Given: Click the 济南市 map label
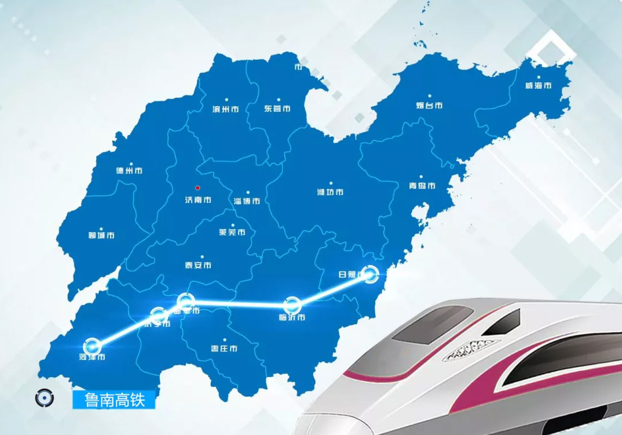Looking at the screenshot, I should click(198, 200).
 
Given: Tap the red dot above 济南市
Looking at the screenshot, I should click(197, 187).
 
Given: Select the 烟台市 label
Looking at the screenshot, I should click(429, 105).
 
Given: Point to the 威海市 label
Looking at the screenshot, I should click(538, 86).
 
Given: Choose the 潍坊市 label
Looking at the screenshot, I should click(330, 192).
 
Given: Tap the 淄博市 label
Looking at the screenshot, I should click(247, 201).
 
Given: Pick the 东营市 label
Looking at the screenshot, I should click(277, 108).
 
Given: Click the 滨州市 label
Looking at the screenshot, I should click(226, 108).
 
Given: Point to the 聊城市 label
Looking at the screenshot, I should click(101, 235).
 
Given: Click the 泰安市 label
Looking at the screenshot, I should click(198, 265).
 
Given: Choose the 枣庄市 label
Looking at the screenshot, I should click(224, 349).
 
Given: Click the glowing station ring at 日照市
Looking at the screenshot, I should click(371, 274).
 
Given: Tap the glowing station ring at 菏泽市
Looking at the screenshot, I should click(92, 346).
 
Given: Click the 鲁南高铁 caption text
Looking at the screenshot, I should click(114, 400).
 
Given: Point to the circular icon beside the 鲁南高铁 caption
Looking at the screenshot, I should click(43, 398).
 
